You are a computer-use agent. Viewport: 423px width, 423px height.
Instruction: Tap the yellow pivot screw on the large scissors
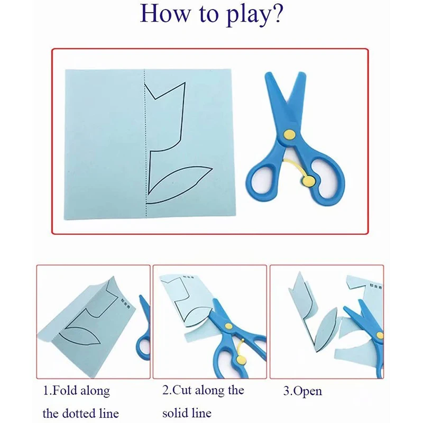pos(289,135)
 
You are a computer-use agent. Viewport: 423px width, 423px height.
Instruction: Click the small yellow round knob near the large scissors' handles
pos(309,181)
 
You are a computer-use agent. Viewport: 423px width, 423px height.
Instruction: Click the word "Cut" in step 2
pos(183,391)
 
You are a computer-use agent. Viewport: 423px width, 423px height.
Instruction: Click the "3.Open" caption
pos(302,392)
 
